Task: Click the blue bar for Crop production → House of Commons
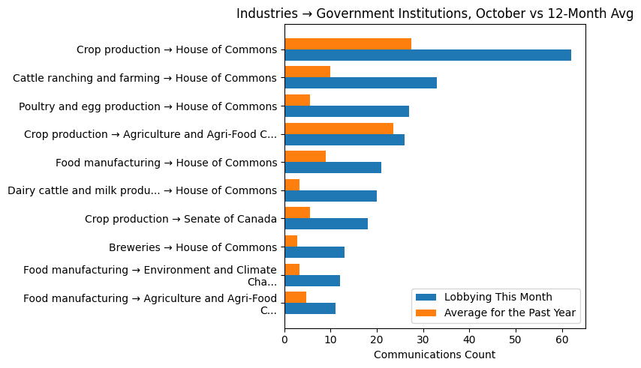coord(428,55)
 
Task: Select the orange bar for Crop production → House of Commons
coord(348,43)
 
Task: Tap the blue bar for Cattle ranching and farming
coord(360,83)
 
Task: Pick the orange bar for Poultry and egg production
coord(297,100)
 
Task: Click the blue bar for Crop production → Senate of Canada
coord(326,224)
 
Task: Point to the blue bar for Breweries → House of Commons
coord(314,253)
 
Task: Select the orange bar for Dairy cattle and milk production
coord(292,185)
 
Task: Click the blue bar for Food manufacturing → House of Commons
coord(333,168)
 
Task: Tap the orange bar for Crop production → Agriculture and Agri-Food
coord(339,128)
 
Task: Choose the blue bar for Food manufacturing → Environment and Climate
coord(312,281)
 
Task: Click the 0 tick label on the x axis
coord(284,340)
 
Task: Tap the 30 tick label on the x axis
coord(423,340)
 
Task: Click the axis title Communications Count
coord(434,355)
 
